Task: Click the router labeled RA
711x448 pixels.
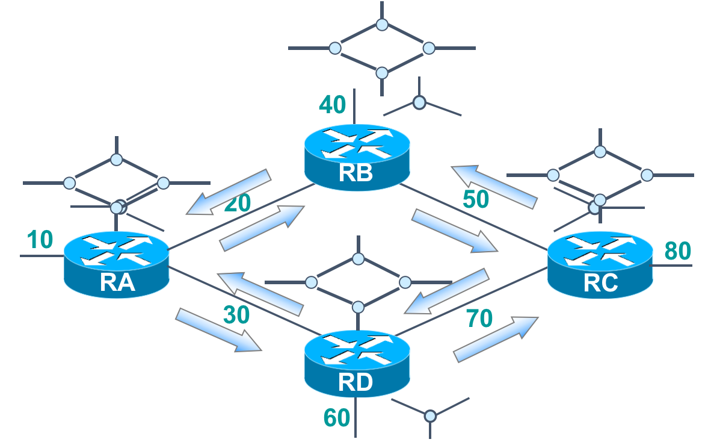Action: [116, 264]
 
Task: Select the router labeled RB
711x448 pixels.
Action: [357, 157]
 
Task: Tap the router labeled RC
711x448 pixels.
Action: [600, 266]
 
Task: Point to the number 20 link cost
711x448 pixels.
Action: [237, 204]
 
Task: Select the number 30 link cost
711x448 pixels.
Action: [236, 315]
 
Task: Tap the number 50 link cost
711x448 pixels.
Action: [476, 199]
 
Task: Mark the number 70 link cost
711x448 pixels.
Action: [479, 317]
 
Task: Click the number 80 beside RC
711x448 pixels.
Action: [678, 251]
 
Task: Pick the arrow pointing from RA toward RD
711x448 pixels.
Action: [218, 329]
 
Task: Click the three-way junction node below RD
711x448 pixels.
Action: [429, 415]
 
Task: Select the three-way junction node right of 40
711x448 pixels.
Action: [420, 103]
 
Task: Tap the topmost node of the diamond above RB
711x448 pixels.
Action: [381, 25]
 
